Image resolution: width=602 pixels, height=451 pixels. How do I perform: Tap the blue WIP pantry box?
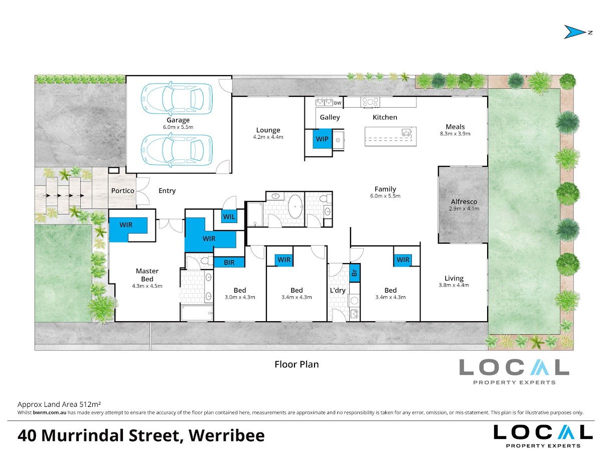[322, 139]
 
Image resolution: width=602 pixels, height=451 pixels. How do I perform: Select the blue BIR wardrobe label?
[229, 262]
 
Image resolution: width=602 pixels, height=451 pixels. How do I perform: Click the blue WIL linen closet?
[229, 216]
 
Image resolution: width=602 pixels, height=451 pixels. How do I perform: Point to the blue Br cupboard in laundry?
[354, 273]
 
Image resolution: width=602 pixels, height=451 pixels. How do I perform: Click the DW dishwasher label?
[338, 103]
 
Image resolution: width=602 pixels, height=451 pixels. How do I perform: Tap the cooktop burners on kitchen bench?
[370, 102]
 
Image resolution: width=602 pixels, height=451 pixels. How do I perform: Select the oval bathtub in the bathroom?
[295, 206]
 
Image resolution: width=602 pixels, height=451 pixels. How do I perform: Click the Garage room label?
[178, 120]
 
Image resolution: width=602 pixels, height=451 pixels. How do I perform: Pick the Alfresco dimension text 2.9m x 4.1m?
[464, 208]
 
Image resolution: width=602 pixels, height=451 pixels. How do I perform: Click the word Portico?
[122, 190]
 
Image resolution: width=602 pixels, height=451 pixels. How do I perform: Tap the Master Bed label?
[147, 275]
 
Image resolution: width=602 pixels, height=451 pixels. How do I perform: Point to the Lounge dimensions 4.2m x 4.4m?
[268, 137]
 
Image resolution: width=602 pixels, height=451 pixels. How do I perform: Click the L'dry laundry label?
[338, 290]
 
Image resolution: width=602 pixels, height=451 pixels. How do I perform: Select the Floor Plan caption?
[296, 364]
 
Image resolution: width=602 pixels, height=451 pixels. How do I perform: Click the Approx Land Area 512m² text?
[59, 404]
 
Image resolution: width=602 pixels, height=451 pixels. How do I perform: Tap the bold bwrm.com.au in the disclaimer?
[50, 412]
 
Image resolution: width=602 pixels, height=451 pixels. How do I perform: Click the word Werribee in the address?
[227, 435]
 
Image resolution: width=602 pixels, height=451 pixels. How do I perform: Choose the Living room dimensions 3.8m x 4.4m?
[454, 285]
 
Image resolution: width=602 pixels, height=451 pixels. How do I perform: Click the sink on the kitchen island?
[406, 132]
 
